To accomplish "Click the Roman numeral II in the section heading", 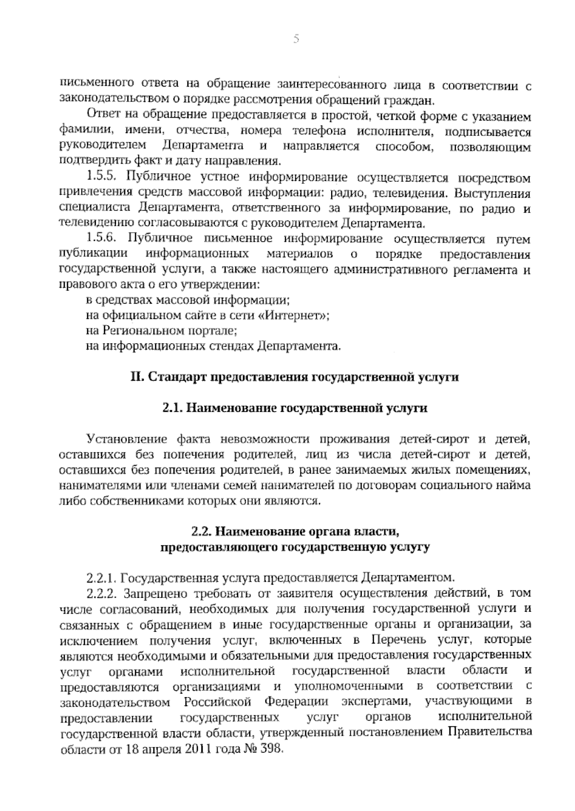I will [x=137, y=377].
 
